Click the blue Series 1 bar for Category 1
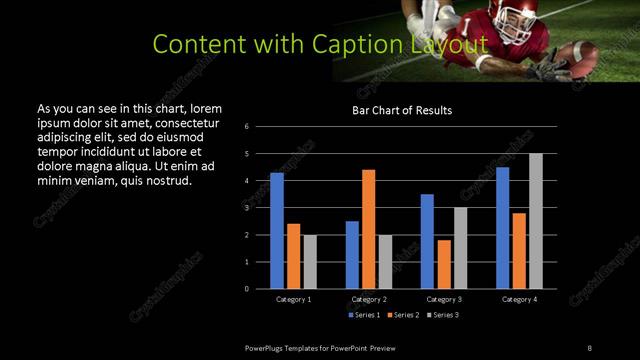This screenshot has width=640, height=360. click(x=277, y=231)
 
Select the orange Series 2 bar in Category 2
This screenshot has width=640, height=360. click(x=369, y=229)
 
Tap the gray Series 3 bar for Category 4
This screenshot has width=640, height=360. click(x=536, y=221)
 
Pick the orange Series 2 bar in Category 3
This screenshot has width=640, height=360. click(x=444, y=264)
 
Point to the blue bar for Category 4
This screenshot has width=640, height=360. click(x=503, y=228)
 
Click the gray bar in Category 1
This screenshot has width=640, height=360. click(x=310, y=262)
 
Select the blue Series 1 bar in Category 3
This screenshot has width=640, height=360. click(x=427, y=241)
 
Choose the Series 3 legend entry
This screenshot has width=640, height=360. click(x=444, y=315)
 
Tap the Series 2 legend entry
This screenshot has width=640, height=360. click(x=404, y=315)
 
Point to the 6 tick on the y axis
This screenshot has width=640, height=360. click(x=260, y=127)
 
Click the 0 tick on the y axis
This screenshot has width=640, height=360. click(x=260, y=289)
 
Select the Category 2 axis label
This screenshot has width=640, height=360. click(x=369, y=299)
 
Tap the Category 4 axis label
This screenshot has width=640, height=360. click(x=519, y=299)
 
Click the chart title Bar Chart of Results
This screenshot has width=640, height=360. click(x=403, y=110)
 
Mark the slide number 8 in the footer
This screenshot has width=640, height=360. click(x=589, y=347)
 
